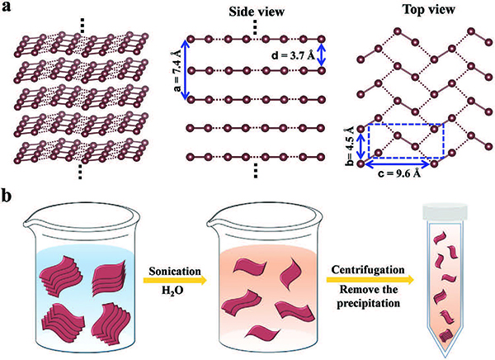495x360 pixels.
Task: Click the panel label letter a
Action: point(8,12)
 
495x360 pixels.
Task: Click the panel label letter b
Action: point(8,198)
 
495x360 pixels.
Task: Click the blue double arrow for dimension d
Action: point(323,54)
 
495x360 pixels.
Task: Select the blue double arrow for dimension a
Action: point(187,69)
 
